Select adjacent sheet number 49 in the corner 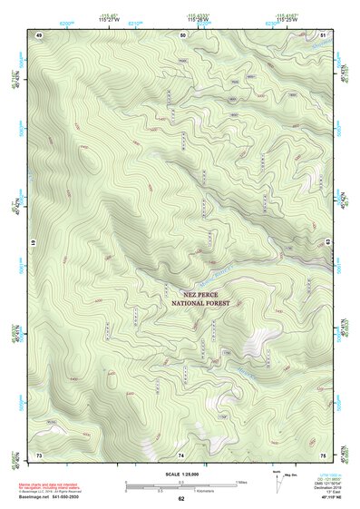click(x=39, y=34)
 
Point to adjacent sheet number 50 click(x=182, y=34)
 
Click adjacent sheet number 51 click(x=324, y=34)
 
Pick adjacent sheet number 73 click(x=39, y=454)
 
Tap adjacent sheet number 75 click(x=324, y=454)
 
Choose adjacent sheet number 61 click(x=34, y=243)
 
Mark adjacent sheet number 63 click(x=327, y=240)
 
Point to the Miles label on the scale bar click(x=240, y=482)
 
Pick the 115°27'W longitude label click(x=108, y=19)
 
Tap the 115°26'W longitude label click(x=195, y=19)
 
